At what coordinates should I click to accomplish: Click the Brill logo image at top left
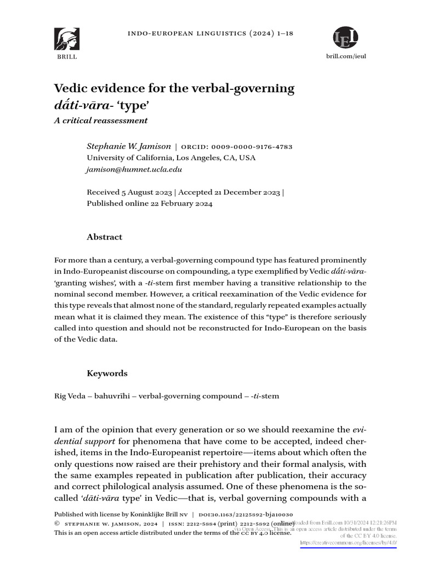click(x=66, y=39)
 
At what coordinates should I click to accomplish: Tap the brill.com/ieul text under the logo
click(x=346, y=57)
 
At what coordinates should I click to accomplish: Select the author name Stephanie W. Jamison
click(x=129, y=146)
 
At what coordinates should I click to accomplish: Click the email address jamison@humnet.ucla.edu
click(x=134, y=170)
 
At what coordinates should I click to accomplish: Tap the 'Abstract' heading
click(x=105, y=237)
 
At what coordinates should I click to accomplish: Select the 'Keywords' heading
click(x=107, y=373)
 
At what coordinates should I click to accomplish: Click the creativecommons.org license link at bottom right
click(x=348, y=543)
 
